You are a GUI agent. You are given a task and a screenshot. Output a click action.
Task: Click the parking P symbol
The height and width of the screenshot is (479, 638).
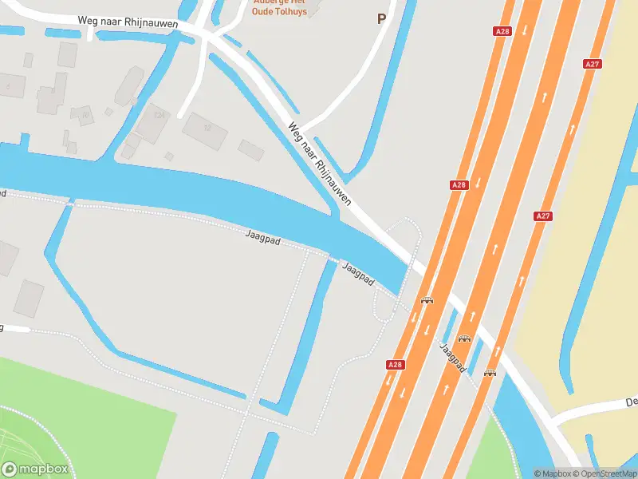(x=381, y=18)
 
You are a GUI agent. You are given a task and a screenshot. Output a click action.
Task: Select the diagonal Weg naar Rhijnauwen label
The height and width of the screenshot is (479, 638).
(x=319, y=164)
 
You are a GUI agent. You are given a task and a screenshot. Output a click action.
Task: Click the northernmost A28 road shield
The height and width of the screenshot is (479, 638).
(x=502, y=31)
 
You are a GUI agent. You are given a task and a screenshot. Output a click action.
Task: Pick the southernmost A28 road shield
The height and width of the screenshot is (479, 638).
(x=395, y=364)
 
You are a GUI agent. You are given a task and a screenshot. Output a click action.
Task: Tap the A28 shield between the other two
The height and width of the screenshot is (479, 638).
(x=459, y=184)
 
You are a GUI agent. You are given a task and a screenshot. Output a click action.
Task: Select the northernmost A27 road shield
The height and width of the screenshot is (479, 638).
(x=592, y=64)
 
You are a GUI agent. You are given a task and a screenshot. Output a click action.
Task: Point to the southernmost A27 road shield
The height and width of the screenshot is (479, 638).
(x=543, y=216)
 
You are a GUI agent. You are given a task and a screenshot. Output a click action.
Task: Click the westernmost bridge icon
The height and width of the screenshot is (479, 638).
(x=427, y=301)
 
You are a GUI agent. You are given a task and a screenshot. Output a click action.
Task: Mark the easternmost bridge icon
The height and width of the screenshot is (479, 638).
(x=490, y=373)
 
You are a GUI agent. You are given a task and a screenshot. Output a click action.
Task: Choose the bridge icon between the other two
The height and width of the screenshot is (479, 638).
(x=464, y=338)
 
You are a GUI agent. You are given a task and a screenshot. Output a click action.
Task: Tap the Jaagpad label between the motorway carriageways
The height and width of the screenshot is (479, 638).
(x=451, y=358)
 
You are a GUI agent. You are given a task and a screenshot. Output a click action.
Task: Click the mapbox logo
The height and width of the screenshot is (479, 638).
(x=35, y=469)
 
